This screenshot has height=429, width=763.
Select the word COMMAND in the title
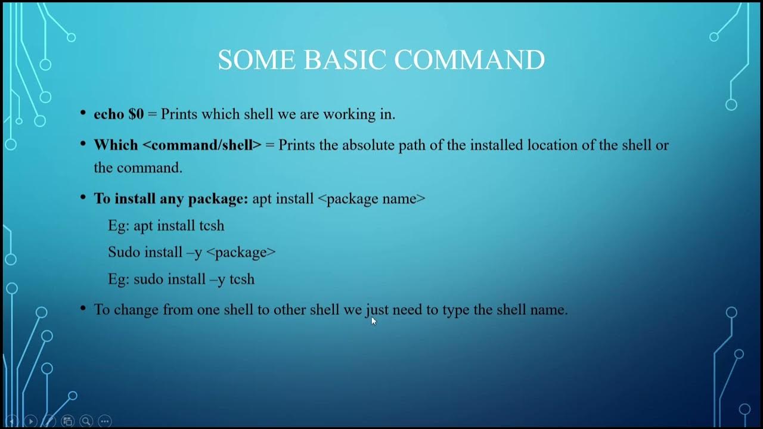(470, 60)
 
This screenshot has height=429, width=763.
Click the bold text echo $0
(119, 114)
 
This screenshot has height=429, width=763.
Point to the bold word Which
(116, 145)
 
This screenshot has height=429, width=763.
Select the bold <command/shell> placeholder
(202, 145)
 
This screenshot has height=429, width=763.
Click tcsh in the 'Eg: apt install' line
(212, 225)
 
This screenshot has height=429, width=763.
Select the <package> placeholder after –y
(241, 252)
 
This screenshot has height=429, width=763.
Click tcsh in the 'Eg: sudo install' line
(242, 279)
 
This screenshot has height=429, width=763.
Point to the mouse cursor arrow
(374, 321)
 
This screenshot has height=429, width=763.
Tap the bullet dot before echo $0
(83, 112)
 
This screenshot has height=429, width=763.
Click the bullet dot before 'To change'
(83, 308)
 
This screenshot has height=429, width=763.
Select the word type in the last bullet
(456, 310)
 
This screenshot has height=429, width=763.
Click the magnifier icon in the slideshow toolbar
(86, 421)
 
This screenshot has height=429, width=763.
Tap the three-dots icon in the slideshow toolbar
(104, 421)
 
